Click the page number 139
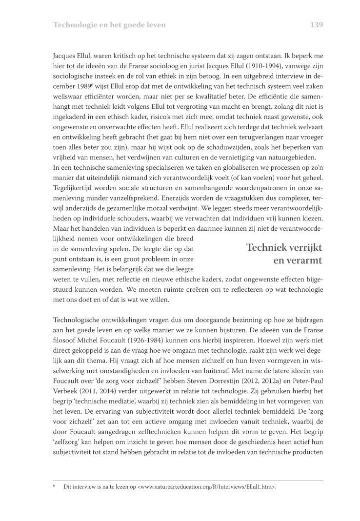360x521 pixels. tap(317, 24)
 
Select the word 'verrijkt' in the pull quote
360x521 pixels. tap(304, 247)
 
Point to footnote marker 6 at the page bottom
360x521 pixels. tap(54, 486)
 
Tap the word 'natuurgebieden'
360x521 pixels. tap(292, 157)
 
